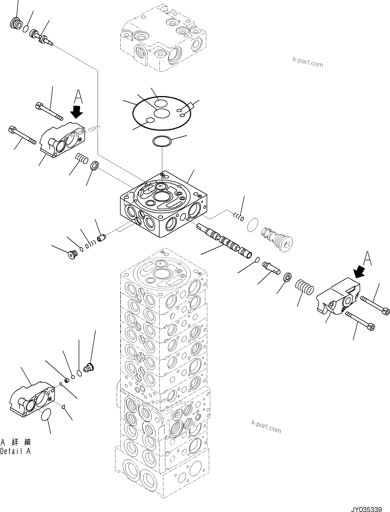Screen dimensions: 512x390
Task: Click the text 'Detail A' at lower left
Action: pos(15,451)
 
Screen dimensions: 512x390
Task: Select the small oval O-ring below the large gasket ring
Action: pos(162,142)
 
